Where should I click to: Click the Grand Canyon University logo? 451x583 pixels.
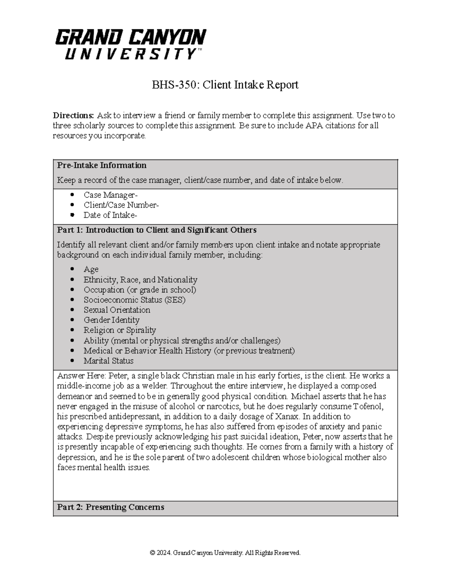click(x=130, y=44)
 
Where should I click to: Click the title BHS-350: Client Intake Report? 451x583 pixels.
click(x=225, y=85)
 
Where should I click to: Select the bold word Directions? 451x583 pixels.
click(x=73, y=115)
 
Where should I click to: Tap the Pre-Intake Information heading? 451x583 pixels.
click(x=101, y=165)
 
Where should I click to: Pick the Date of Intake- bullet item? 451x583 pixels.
click(x=110, y=215)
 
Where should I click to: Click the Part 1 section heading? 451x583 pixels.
click(x=157, y=230)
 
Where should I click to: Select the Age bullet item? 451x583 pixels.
click(x=91, y=269)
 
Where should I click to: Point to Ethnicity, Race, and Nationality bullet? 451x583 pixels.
click(x=140, y=280)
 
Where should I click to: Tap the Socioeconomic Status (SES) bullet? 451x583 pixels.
click(x=134, y=300)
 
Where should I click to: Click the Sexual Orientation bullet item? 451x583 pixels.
click(x=117, y=310)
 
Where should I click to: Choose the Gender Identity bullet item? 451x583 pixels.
click(x=111, y=320)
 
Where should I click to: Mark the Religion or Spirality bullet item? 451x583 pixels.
click(x=120, y=330)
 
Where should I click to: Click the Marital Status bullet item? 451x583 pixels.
click(x=108, y=361)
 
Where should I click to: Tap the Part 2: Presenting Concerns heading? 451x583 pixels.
click(x=110, y=507)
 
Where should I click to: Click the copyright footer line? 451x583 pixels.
click(x=225, y=553)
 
